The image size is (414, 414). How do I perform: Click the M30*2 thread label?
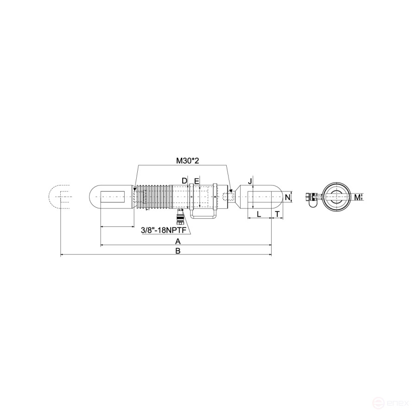(187, 160)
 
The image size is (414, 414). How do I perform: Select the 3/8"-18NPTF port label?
(166, 230)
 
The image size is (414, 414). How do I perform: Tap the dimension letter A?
(178, 241)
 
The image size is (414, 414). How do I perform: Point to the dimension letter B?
(178, 250)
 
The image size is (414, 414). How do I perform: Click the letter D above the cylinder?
(185, 181)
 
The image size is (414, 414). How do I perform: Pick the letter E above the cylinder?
(197, 181)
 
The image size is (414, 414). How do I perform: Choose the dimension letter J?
(250, 181)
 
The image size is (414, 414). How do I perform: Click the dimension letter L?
(259, 214)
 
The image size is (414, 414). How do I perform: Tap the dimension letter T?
(277, 214)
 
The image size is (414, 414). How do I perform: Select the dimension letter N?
(288, 197)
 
